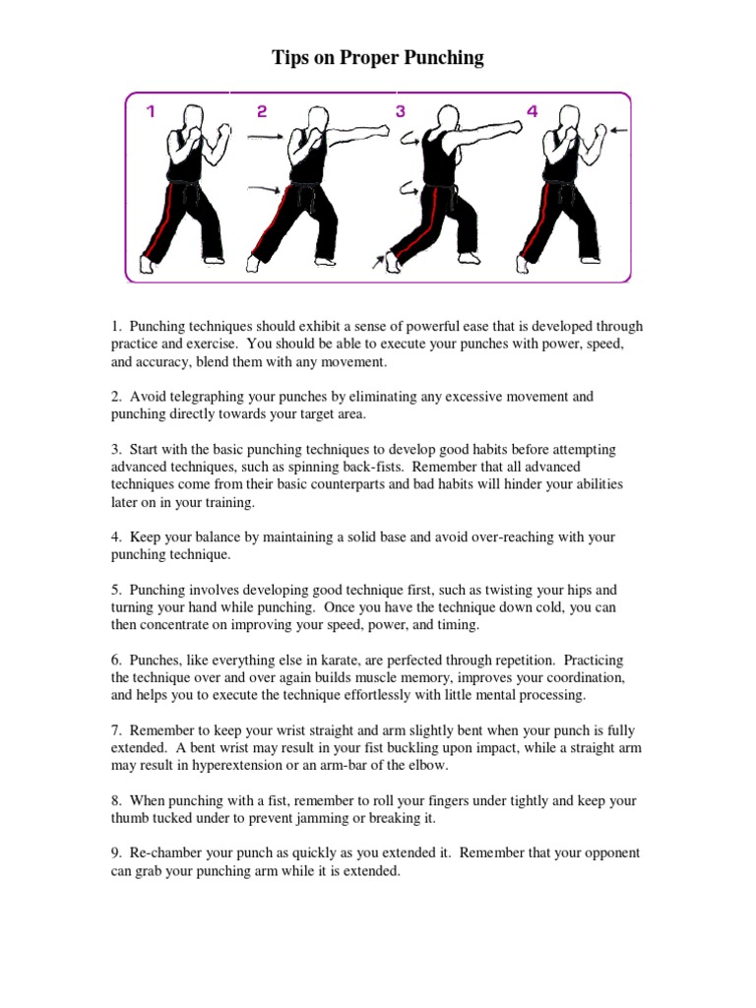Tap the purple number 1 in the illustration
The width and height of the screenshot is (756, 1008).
[151, 112]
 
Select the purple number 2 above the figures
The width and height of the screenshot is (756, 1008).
[262, 112]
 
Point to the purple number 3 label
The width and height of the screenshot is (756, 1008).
[401, 112]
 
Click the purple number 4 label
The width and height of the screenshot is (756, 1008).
[533, 112]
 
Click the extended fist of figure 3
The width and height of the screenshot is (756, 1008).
[514, 127]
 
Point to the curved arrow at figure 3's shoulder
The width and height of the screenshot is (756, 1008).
[408, 144]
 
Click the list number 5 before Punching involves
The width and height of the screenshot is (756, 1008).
[115, 590]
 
